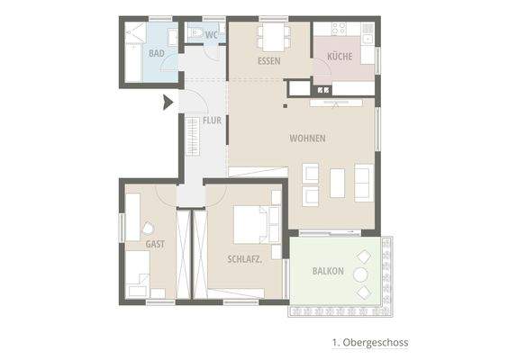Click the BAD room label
(x=157, y=54)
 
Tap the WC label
(x=212, y=35)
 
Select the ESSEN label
(x=268, y=61)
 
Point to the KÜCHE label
(x=340, y=56)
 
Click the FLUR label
(x=212, y=120)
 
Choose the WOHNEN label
(x=307, y=139)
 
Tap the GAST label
(x=155, y=244)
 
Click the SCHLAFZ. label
(x=244, y=259)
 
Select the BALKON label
(x=328, y=271)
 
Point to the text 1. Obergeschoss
(x=370, y=343)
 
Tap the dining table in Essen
(x=270, y=37)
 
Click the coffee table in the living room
(x=337, y=183)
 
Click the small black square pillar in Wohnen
(x=285, y=105)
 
